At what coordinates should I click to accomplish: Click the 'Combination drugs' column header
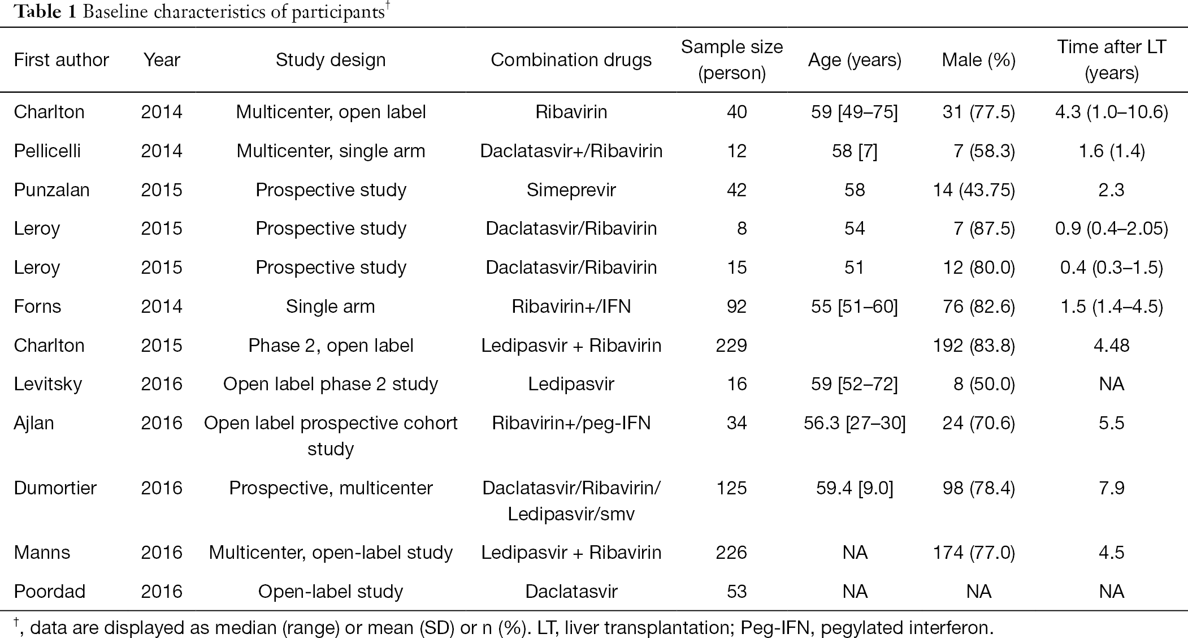click(x=571, y=60)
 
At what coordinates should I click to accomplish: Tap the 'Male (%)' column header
click(x=978, y=61)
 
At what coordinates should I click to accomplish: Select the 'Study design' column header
click(x=331, y=61)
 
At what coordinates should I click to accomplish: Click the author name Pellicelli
click(x=47, y=151)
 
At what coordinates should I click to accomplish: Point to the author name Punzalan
click(x=52, y=190)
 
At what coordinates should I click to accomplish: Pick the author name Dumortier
click(x=55, y=488)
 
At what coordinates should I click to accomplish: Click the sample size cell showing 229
click(x=731, y=346)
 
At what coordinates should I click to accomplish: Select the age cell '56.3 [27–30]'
click(x=855, y=423)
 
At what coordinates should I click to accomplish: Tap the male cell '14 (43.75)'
click(x=974, y=190)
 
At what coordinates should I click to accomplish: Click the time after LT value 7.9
click(x=1111, y=488)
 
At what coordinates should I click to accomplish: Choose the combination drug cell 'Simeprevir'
click(x=571, y=190)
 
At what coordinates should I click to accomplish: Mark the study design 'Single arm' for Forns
click(x=331, y=307)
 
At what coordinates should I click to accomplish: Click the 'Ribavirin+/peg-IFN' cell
click(x=571, y=423)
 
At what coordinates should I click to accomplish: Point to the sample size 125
click(x=731, y=488)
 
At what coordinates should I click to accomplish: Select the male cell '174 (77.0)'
click(x=974, y=553)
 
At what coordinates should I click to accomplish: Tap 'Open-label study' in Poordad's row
click(x=331, y=592)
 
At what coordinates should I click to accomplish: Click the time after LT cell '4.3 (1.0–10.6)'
click(x=1111, y=112)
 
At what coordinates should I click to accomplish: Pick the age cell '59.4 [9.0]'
click(x=855, y=488)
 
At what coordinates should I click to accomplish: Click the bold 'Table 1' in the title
click(x=45, y=12)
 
